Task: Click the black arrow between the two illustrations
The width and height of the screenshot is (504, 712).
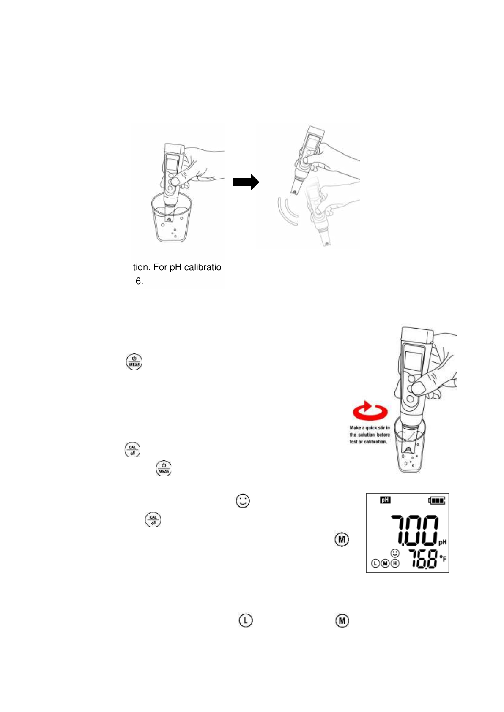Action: [246, 182]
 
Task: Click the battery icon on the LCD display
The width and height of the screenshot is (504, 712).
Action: [437, 500]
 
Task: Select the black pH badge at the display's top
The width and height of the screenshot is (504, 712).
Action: [385, 500]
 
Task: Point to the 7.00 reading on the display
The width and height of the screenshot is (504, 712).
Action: [414, 530]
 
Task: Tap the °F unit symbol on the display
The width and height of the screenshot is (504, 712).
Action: [443, 559]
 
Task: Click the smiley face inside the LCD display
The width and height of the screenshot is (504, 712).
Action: [395, 553]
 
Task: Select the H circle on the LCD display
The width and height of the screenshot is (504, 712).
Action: [395, 563]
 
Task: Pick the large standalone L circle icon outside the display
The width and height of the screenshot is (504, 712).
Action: [246, 621]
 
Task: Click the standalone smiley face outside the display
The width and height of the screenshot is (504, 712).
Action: [243, 501]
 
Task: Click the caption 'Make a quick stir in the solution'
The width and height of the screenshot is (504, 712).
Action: [370, 435]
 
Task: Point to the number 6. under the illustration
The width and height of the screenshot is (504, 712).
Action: [140, 282]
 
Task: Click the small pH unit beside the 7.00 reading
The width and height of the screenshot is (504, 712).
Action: [442, 542]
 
